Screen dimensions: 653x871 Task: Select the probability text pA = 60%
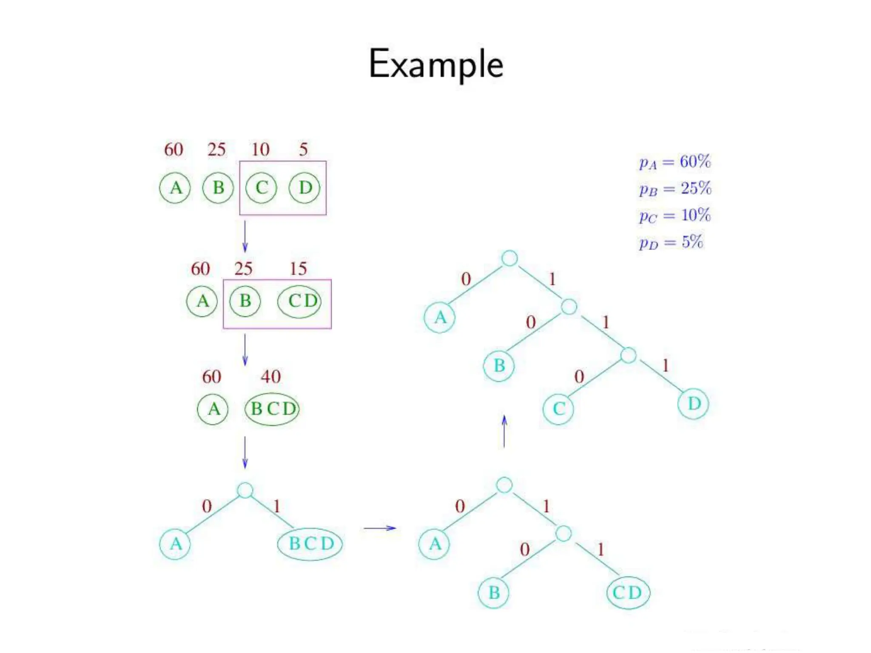(675, 162)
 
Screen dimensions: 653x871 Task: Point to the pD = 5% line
(671, 242)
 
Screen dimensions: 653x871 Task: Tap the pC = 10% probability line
(675, 216)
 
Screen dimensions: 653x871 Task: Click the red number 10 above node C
(260, 149)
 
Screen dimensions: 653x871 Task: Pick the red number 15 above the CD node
(298, 269)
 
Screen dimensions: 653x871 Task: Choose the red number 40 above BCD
(270, 377)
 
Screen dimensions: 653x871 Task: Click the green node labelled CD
(300, 301)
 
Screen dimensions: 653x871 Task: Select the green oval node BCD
(272, 409)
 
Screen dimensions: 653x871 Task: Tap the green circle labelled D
(305, 187)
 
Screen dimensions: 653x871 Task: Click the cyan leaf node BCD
(310, 544)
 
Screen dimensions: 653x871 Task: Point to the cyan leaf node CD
(628, 593)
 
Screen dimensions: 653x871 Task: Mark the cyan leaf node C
(558, 409)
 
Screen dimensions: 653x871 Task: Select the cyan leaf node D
(693, 403)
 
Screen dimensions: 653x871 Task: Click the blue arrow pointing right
(380, 528)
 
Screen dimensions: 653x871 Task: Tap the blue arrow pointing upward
(504, 431)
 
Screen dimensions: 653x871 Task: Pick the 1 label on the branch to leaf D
(666, 366)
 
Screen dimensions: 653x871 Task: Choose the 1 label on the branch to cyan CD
(601, 550)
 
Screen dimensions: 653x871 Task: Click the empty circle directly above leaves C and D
(628, 355)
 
